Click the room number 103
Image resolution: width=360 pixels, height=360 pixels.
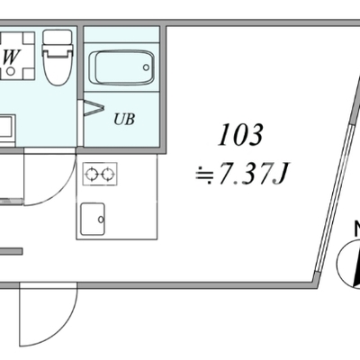click(240, 135)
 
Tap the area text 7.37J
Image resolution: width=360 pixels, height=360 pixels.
click(253, 174)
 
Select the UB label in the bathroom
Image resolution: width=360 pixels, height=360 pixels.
click(124, 119)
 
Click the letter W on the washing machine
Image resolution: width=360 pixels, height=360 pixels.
click(12, 57)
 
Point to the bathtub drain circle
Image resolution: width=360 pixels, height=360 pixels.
click(146, 67)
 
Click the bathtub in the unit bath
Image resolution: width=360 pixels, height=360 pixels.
click(121, 67)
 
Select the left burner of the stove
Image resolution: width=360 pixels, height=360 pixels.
click(91, 175)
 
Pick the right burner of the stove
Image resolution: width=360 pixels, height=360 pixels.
click(107, 175)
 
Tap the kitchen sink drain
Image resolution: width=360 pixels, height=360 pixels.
click(101, 220)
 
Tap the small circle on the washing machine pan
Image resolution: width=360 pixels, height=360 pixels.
click(11, 71)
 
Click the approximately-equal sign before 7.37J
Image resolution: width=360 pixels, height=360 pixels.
click(205, 175)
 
